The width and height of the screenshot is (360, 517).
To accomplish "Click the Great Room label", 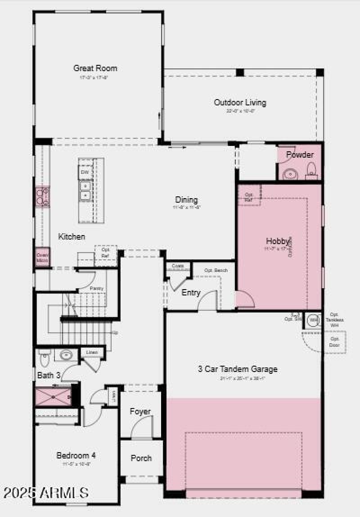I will coord(95,68).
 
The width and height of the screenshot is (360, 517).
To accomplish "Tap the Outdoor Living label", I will coord(240,103).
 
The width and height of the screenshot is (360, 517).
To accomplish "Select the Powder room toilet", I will coord(310,170).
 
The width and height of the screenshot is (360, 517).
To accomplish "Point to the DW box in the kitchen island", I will coord(85,172).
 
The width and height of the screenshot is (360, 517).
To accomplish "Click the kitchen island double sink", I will coord(85,190).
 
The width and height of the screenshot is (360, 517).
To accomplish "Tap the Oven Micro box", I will coord(43,257).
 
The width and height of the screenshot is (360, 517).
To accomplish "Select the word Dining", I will coord(186,200).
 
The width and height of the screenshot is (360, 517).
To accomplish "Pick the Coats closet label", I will coord(178,266).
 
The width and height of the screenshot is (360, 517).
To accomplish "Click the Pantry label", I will coord(96,288).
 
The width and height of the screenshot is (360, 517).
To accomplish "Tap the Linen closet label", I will coord(92,352).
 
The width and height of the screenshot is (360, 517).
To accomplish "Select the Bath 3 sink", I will coord(66,355).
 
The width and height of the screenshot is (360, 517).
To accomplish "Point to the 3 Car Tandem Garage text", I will coord(238,369).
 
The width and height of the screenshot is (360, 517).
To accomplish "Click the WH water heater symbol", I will coord(313,320).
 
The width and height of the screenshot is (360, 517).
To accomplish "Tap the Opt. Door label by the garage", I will coord(335,342).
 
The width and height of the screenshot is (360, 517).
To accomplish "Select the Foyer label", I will coord(140,412).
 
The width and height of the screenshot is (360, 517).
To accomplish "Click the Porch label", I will coord(141,458).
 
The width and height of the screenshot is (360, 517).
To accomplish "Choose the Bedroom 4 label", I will coord(76,455).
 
